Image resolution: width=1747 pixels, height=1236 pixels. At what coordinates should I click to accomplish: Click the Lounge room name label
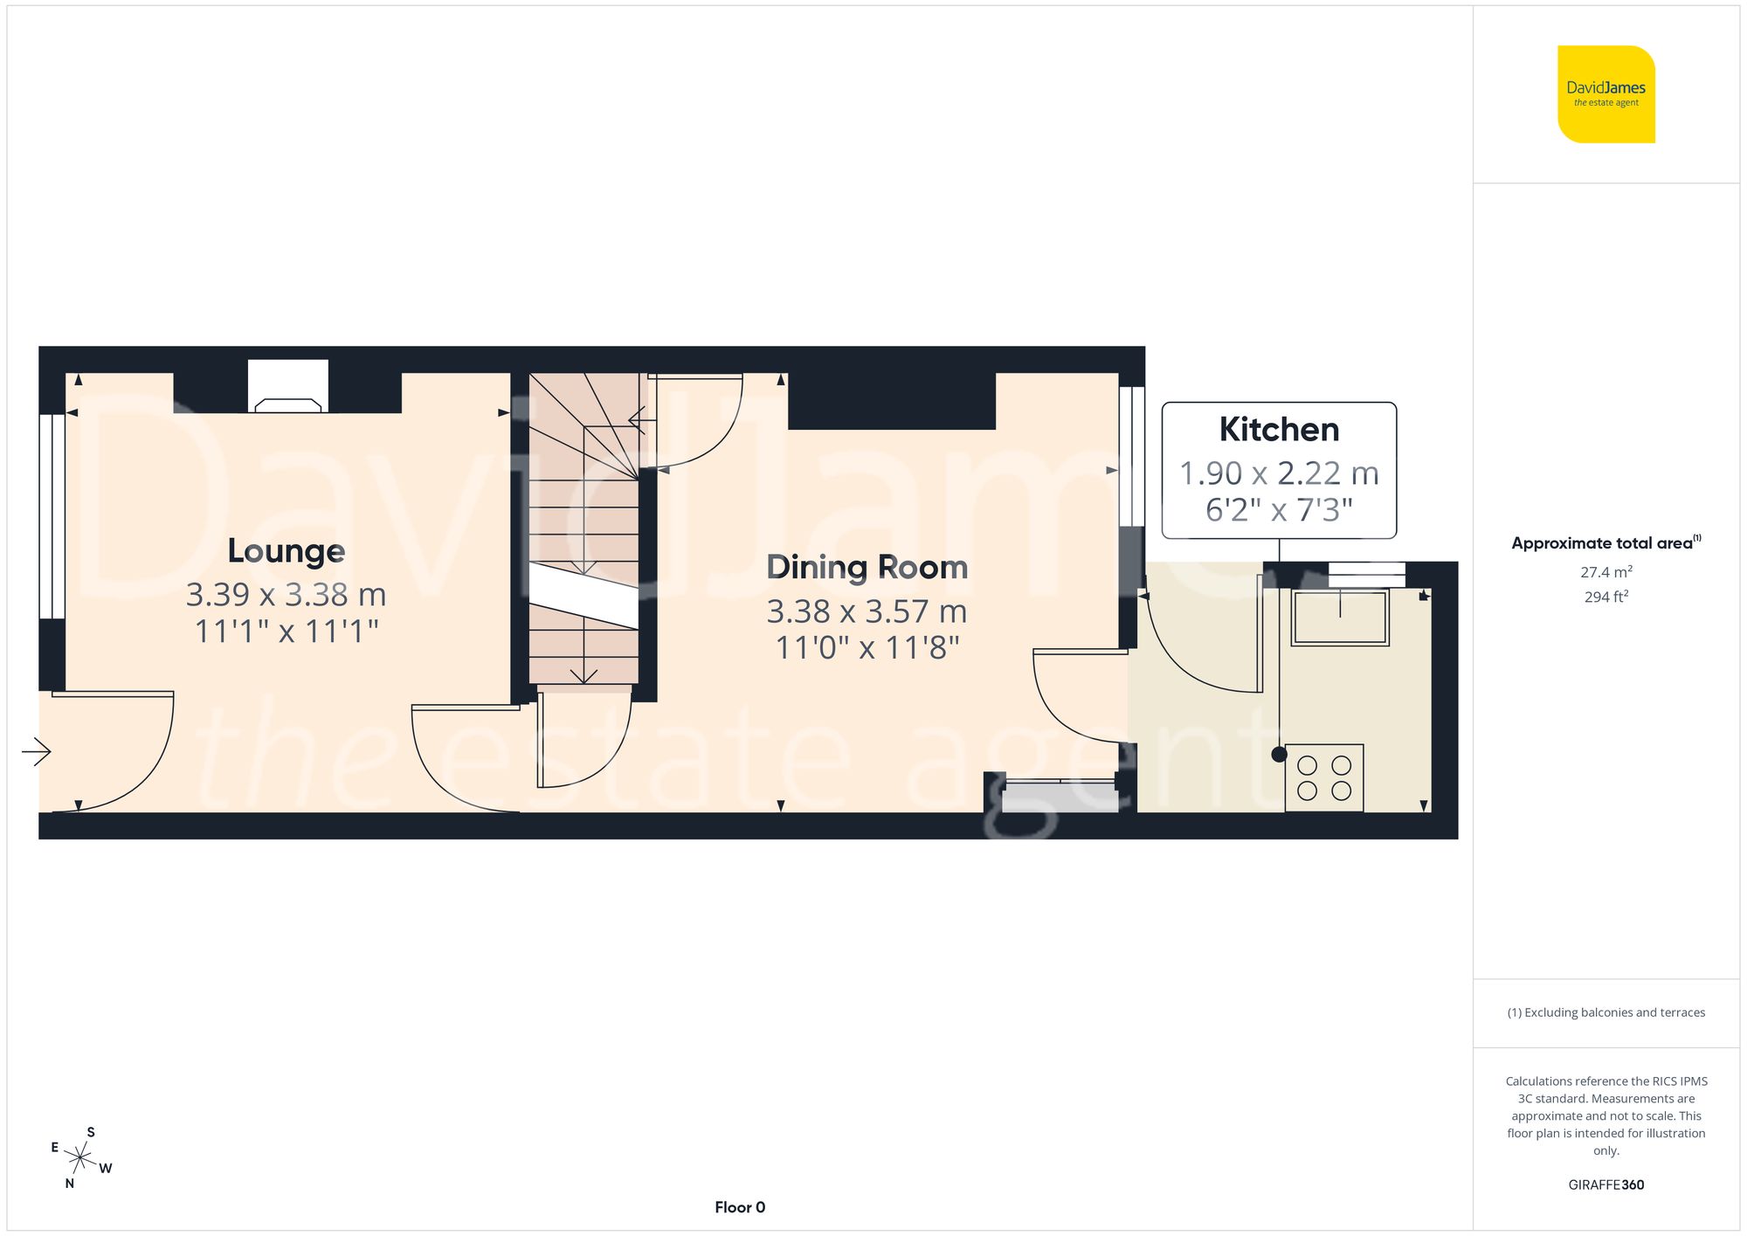click(x=287, y=551)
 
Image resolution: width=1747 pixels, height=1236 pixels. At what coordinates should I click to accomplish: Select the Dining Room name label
click(x=867, y=568)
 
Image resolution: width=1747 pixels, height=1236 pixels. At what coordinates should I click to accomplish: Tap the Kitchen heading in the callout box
click(x=1279, y=430)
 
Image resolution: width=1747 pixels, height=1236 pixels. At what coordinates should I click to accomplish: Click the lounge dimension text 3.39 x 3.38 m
click(x=287, y=595)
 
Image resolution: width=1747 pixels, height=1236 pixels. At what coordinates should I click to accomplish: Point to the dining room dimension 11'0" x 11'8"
click(x=867, y=648)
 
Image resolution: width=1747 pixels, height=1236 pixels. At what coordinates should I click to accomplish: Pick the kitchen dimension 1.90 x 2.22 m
click(x=1279, y=473)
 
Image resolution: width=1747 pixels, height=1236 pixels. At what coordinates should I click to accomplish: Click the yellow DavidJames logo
click(x=1605, y=94)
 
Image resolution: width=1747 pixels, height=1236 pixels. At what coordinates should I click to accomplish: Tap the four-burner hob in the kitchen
click(x=1324, y=777)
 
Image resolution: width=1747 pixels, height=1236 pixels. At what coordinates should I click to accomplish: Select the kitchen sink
click(x=1340, y=617)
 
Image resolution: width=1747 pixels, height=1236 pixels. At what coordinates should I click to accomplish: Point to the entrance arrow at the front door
click(x=37, y=751)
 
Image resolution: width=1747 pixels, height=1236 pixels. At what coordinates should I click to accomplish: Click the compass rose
click(x=80, y=1159)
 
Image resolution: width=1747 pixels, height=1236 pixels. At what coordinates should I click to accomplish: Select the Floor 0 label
click(x=740, y=1207)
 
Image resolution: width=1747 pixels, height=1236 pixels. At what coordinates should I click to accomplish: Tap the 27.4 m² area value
click(x=1605, y=572)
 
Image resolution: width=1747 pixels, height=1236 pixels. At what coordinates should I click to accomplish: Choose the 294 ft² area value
click(x=1605, y=597)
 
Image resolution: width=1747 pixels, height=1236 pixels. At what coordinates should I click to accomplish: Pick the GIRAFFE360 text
click(x=1605, y=1184)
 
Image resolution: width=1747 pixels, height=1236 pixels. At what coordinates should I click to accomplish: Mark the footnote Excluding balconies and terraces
click(x=1605, y=1012)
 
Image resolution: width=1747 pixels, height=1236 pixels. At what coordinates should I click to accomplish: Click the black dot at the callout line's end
click(x=1280, y=755)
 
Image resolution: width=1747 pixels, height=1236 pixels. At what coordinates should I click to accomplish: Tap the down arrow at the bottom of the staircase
click(x=584, y=675)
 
